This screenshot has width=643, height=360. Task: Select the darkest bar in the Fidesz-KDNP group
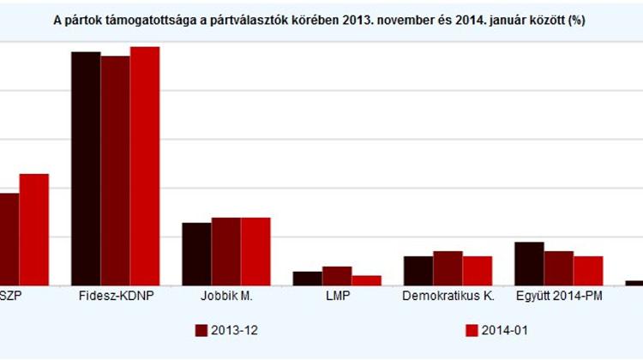tap(86, 168)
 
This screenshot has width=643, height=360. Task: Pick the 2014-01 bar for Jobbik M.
tap(255, 251)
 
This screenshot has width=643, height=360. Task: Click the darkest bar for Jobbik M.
tap(196, 254)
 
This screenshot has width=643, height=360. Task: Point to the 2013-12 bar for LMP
tap(337, 275)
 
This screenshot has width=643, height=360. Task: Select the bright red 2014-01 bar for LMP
tap(366, 280)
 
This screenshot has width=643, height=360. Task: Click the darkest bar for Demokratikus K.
tap(418, 270)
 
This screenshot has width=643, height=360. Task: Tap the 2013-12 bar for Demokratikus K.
tap(448, 267)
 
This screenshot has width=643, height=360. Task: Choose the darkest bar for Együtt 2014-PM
tap(529, 263)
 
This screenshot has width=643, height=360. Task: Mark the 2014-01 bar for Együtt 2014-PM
tap(588, 270)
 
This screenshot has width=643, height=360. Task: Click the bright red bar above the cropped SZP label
tap(33, 229)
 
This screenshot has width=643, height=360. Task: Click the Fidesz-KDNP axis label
tap(115, 297)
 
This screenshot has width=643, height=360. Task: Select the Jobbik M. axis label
tap(225, 297)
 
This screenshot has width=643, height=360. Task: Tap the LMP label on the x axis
tap(337, 297)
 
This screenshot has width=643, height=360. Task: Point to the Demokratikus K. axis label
tap(448, 297)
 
